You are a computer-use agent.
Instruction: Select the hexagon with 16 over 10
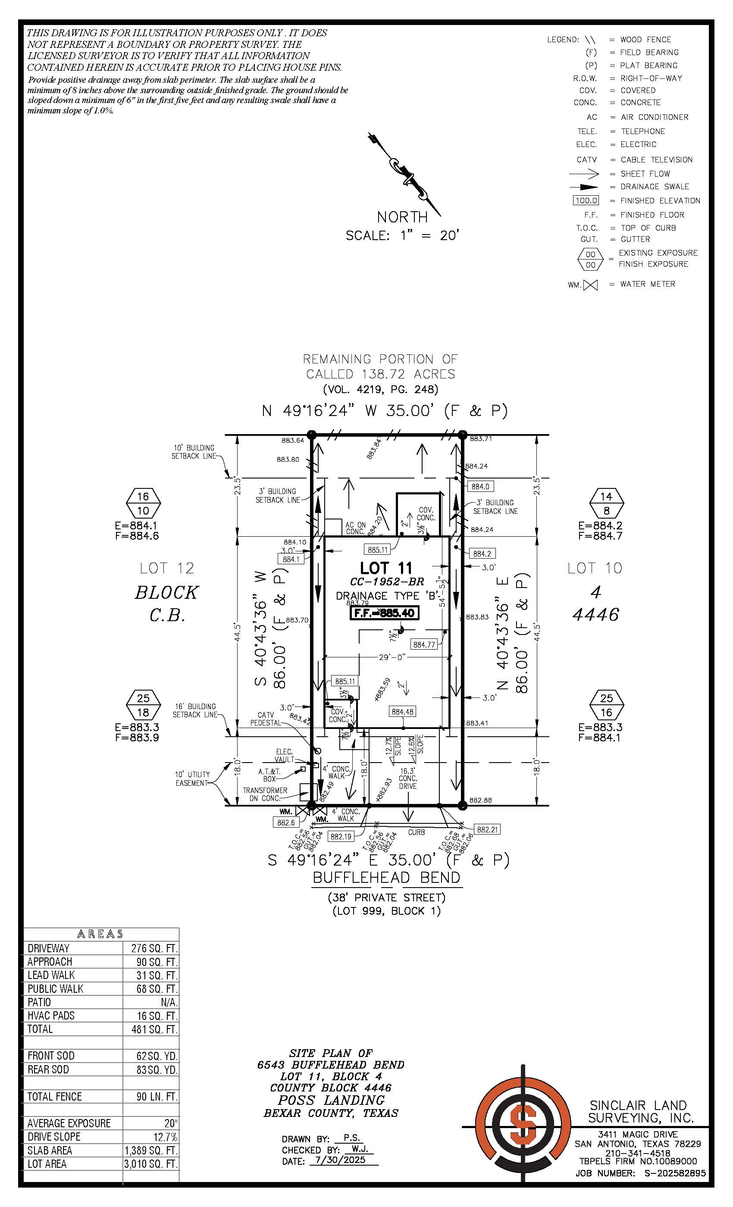(143, 503)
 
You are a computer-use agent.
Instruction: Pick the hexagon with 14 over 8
(607, 503)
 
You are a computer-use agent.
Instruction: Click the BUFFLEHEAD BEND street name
(387, 877)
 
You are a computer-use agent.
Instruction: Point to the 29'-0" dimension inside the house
(392, 657)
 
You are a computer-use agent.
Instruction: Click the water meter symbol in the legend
(590, 285)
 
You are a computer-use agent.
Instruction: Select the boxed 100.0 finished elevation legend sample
(586, 200)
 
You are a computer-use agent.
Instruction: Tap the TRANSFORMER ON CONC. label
(265, 794)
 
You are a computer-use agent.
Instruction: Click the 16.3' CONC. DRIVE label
(407, 779)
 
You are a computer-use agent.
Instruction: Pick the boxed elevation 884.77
(424, 644)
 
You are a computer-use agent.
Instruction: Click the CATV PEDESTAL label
(265, 719)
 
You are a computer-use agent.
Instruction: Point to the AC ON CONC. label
(355, 528)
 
